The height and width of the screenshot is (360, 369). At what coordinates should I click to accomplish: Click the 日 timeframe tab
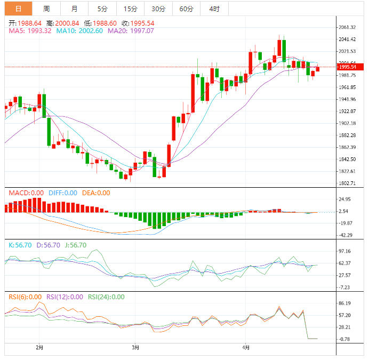[x=19, y=9]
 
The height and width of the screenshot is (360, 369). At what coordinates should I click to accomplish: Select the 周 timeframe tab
[x=46, y=9]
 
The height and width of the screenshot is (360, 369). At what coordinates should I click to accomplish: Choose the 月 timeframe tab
[x=74, y=9]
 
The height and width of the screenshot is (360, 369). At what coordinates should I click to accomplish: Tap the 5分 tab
[x=102, y=9]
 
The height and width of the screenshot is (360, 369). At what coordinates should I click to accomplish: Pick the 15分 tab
[x=130, y=9]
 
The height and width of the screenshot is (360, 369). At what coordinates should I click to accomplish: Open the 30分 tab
[x=158, y=9]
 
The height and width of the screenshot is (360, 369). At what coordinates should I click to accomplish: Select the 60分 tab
[x=186, y=9]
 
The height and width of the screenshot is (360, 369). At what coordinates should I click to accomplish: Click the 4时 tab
[x=214, y=9]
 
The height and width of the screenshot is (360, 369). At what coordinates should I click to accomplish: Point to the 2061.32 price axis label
[x=347, y=27]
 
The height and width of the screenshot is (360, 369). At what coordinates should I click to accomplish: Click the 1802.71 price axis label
[x=347, y=183]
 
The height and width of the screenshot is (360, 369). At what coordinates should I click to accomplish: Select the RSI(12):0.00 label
[x=65, y=297]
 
